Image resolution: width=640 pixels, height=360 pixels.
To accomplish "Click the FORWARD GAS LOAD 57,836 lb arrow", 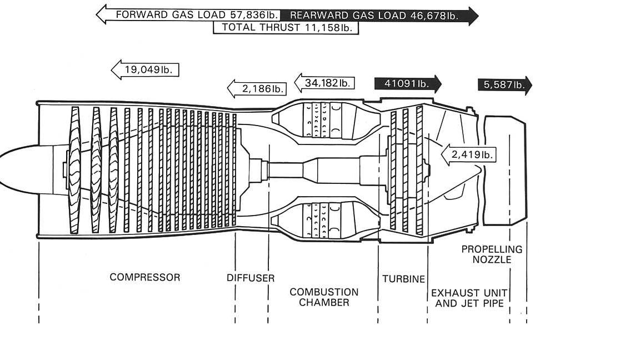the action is coord(188,14).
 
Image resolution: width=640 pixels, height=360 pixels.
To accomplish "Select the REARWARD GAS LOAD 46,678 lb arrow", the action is coord(379,16).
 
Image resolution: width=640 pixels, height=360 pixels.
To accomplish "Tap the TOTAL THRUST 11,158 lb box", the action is coord(286,28).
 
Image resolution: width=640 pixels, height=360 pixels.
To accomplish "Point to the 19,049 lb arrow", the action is coord(145,69).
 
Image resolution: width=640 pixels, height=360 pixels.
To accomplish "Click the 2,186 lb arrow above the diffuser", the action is coord(257,88).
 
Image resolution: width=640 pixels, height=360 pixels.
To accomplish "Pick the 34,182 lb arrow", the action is coord(324,83).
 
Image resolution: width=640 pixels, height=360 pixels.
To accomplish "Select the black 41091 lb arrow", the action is coord(408,84).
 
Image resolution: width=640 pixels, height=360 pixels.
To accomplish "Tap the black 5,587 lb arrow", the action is coord(505,85).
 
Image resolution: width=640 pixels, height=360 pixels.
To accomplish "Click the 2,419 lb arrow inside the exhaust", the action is coord(468,154).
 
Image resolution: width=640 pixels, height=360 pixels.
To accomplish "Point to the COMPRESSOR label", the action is coord(145,278).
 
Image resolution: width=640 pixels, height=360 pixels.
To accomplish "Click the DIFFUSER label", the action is coord(251,278).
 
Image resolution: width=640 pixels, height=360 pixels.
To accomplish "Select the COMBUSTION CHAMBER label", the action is coord(324,298).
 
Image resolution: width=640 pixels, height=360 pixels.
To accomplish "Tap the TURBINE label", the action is coord(404,279).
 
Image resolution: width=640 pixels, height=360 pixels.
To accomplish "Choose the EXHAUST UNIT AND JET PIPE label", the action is coord(469,298).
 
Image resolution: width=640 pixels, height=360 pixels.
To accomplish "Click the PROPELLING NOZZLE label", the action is coord(492,254).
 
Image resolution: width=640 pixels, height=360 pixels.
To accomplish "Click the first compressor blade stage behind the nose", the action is coord(74,170).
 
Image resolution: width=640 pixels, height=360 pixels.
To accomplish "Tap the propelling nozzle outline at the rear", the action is coord(505,171).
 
